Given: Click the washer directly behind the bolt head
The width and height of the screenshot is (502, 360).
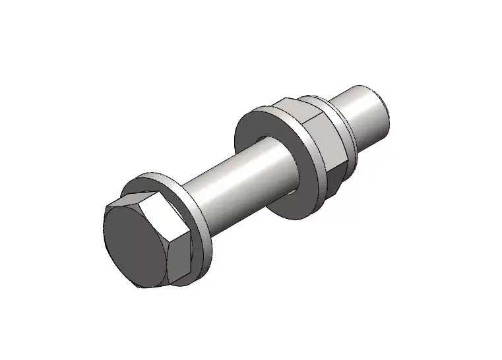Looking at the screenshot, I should (x=199, y=218).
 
